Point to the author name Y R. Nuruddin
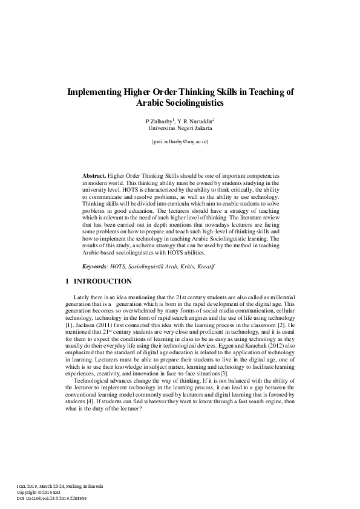pos(195,121)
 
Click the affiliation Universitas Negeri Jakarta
pos(180,128)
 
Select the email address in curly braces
pos(180,141)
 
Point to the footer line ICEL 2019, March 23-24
pos(60,486)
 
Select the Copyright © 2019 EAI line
pos(38,492)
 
